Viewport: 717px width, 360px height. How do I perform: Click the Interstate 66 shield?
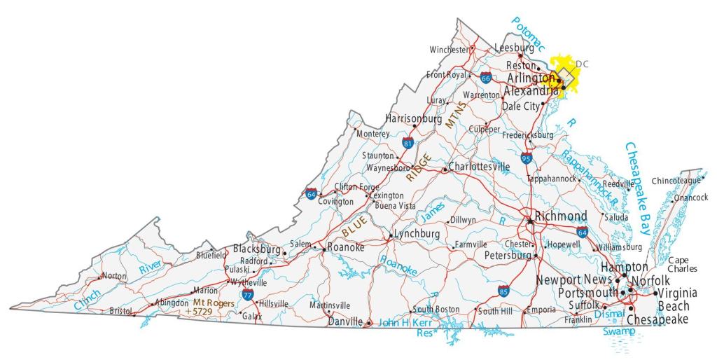[x=485, y=78]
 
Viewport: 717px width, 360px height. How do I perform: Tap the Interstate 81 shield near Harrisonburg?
[x=408, y=143]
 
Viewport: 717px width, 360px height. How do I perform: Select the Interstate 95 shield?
[x=527, y=158]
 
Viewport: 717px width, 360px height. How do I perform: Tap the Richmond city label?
[x=560, y=216]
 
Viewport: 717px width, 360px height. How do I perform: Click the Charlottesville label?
[x=479, y=167]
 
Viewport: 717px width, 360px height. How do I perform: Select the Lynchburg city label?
[x=417, y=234]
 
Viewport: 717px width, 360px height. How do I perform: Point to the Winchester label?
[x=449, y=50]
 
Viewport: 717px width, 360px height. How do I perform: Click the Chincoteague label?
[x=676, y=181]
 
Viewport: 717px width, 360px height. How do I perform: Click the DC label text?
[x=582, y=64]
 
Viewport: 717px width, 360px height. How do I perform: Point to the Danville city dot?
[x=369, y=323]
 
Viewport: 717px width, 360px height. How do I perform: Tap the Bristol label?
[x=120, y=310]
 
